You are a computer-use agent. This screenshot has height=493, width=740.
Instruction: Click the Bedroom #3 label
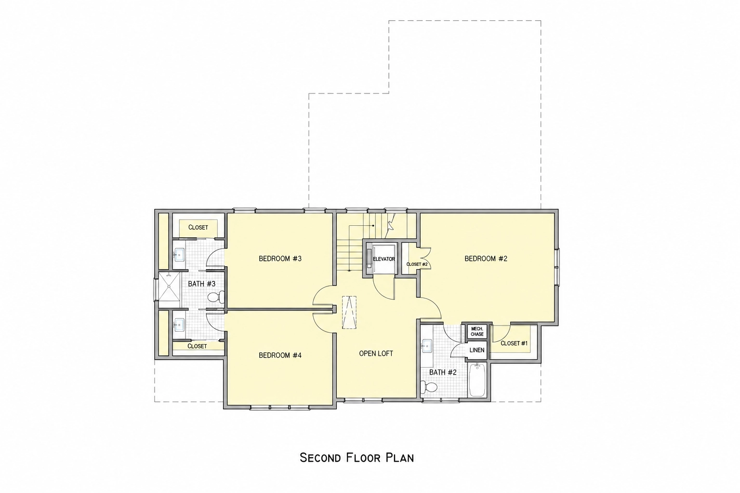280,259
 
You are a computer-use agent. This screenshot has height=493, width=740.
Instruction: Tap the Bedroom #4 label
280,355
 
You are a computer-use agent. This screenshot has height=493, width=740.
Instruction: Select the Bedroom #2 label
486,259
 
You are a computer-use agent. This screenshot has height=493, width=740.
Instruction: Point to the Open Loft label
376,354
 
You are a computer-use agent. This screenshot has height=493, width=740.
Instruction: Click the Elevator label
384,259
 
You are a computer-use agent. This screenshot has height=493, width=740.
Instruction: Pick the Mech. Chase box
477,332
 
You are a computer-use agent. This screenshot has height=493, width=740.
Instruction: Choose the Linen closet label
477,350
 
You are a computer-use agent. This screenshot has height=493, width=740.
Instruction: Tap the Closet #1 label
514,343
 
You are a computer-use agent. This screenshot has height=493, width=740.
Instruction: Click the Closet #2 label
417,264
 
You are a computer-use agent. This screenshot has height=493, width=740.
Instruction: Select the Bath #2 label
443,373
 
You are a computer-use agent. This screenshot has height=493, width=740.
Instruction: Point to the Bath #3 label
201,284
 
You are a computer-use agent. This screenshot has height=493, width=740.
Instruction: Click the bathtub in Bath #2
476,380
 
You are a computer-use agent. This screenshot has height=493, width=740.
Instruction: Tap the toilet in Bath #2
429,387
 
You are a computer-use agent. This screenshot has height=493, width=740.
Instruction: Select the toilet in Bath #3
215,297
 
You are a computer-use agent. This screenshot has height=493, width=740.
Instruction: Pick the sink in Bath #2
427,346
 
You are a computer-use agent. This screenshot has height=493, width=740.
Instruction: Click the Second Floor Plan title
357,458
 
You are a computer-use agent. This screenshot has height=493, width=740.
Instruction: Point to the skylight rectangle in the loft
349,312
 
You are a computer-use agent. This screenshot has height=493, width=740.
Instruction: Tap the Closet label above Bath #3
198,228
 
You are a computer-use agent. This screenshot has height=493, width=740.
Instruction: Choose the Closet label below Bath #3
197,346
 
